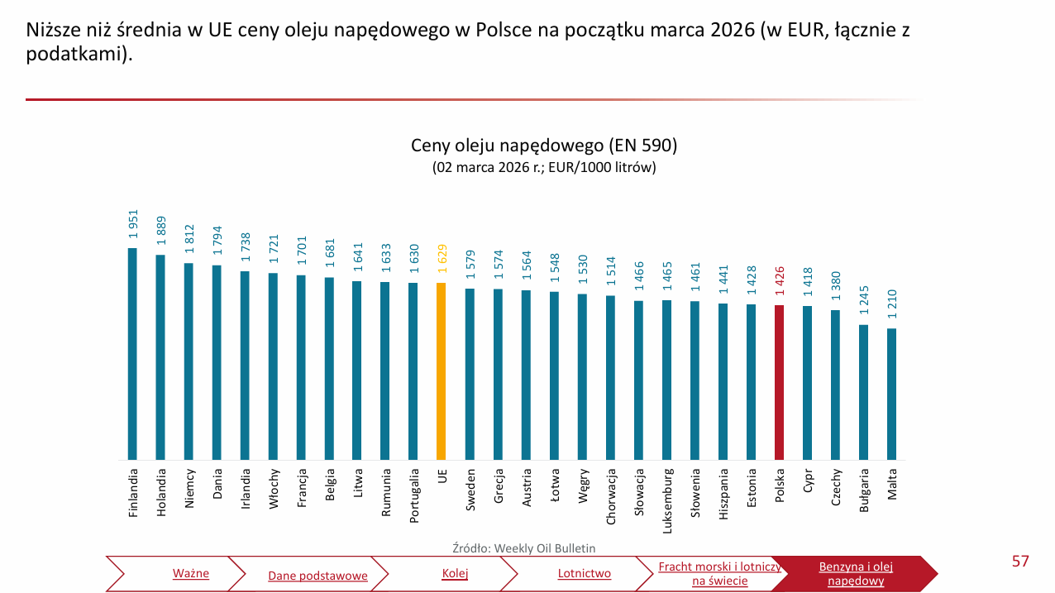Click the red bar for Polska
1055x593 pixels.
point(779,382)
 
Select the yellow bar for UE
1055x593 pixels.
point(442,371)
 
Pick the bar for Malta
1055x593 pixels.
point(891,394)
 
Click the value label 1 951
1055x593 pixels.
point(132,224)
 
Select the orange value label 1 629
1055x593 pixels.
point(442,259)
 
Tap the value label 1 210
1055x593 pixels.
point(891,304)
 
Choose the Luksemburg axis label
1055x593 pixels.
point(666,498)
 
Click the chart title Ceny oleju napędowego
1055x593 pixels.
point(544,146)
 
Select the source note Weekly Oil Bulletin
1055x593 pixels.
point(523,548)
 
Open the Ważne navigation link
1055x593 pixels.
point(191,574)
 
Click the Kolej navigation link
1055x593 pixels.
point(455,574)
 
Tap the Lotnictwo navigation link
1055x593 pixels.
point(584,574)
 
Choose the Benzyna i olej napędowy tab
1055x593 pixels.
point(856,574)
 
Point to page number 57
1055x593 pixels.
point(1020,562)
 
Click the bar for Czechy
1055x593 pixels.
point(835,385)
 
